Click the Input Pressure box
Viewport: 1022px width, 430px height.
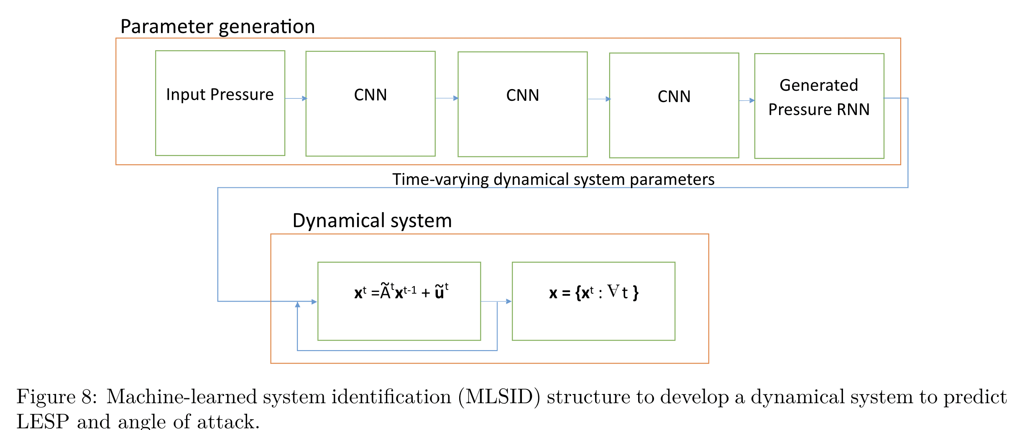point(220,103)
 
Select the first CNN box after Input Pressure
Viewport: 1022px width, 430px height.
point(370,103)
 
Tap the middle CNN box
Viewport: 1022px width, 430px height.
point(522,104)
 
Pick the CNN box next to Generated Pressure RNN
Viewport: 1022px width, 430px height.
point(674,105)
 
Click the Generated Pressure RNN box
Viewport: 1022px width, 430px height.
point(819,105)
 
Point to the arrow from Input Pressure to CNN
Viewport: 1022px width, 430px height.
point(296,99)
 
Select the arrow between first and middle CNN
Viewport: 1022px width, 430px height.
point(447,98)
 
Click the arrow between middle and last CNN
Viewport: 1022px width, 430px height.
point(599,99)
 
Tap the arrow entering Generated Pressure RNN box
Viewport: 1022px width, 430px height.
point(747,100)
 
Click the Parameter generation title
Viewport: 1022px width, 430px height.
point(217,26)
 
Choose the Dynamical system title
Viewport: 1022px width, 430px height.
point(372,220)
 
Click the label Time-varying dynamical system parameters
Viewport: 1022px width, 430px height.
point(553,179)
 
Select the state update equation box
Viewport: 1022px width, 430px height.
point(399,301)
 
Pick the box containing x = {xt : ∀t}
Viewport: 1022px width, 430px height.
point(593,301)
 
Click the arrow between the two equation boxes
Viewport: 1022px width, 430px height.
point(496,301)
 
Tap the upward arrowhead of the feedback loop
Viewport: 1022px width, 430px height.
point(297,305)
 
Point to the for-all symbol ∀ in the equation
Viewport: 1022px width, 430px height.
point(613,291)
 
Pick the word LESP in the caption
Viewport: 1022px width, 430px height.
point(43,421)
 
